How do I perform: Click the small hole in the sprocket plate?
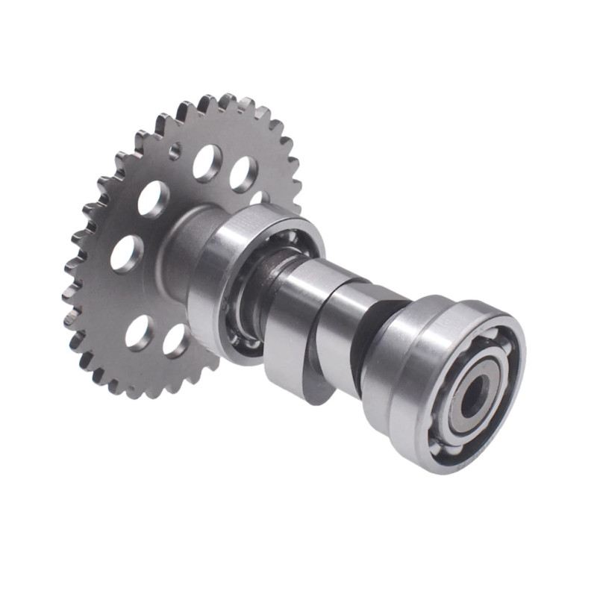click(175, 152)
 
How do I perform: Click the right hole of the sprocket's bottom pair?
click(176, 340)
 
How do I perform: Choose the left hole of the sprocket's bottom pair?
click(140, 332)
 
